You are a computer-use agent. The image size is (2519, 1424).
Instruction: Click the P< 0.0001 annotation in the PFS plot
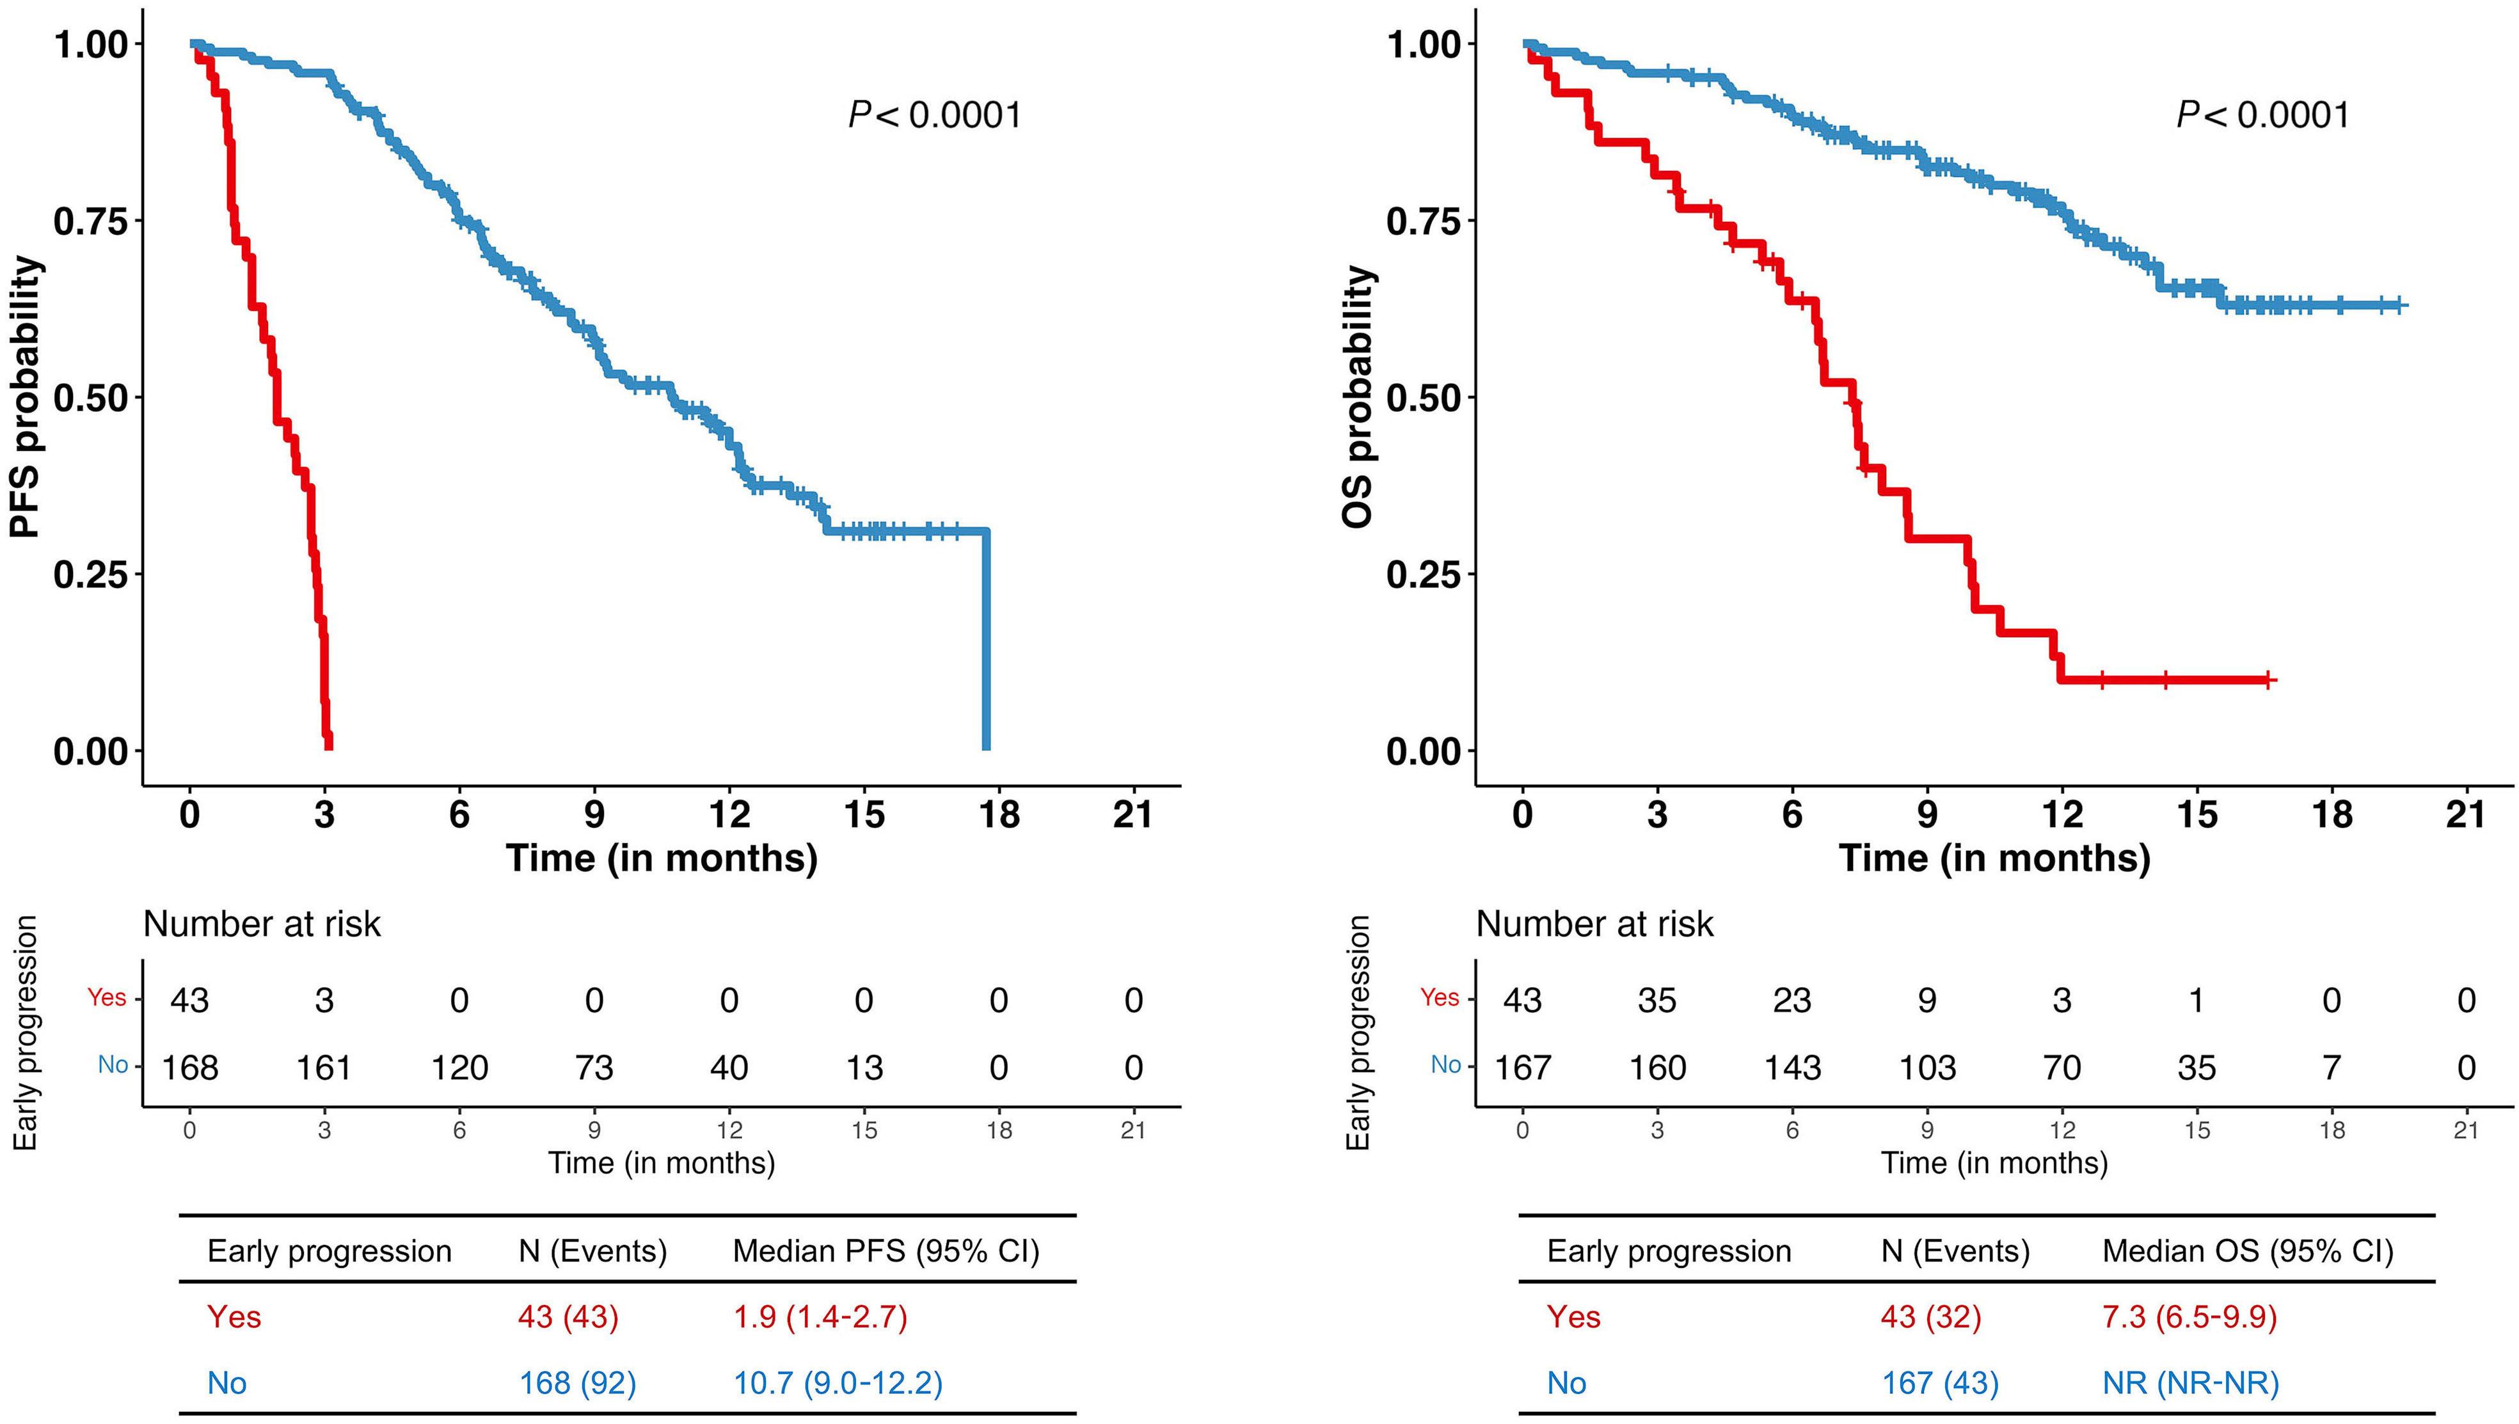934,115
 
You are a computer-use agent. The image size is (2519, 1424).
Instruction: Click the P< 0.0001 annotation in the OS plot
2262,115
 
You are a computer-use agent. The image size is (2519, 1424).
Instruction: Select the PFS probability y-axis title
28,397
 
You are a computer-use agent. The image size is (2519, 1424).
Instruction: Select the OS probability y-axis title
1359,397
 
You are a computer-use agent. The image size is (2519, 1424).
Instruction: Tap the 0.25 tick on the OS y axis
1424,574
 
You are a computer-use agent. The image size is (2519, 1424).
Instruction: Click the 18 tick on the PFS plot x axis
998,814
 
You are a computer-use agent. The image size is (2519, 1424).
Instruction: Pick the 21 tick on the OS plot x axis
2465,814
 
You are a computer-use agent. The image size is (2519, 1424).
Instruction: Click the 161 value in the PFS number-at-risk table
324,1067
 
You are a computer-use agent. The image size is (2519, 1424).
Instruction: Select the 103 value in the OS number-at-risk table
1927,1067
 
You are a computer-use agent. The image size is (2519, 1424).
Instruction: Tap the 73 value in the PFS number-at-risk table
594,1067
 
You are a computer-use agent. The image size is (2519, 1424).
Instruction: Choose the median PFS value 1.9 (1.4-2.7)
820,1317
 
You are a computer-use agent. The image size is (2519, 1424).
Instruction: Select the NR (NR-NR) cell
2190,1383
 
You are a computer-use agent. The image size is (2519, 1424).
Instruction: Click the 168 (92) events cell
577,1383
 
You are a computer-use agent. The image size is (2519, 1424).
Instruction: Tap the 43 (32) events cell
1930,1317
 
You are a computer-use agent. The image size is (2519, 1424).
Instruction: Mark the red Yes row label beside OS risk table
1440,997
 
